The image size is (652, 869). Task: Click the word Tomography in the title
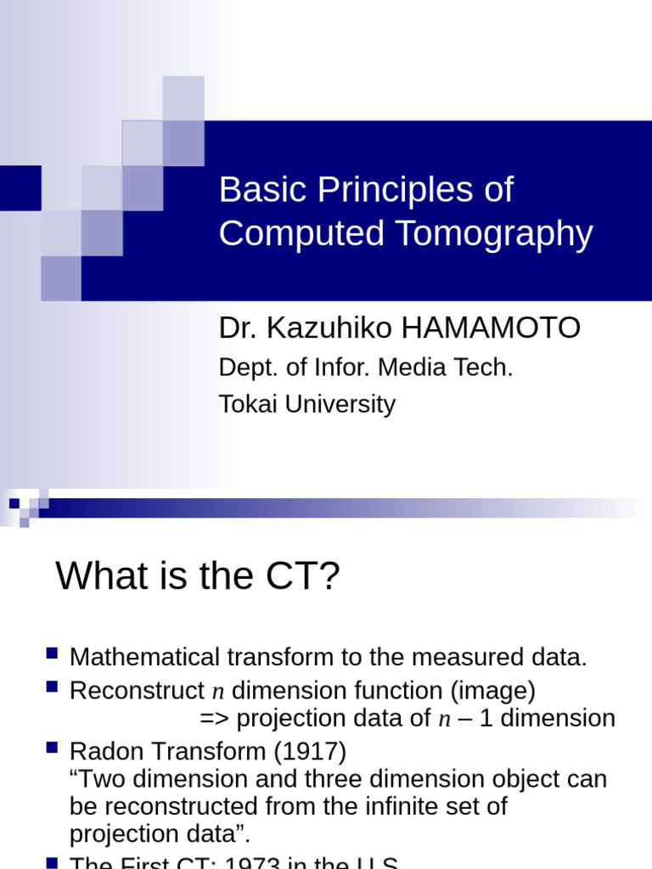(509, 234)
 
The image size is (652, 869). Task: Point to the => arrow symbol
(215, 719)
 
